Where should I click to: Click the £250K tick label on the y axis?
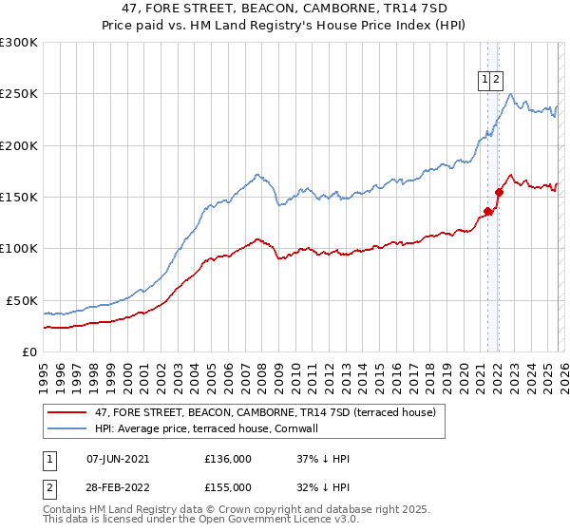coord(18,94)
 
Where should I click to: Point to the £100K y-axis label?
coord(18,248)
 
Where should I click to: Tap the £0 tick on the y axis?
coord(28,351)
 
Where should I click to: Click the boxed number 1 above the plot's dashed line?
coord(485,81)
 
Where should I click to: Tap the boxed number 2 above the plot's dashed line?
coord(497,81)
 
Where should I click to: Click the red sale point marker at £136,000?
coord(487,211)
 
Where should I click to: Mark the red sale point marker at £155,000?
coord(499,192)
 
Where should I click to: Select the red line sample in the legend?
coord(66,413)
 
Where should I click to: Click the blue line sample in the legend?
coord(66,429)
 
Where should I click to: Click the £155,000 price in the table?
coord(228,486)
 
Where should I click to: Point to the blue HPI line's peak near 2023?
coord(511,93)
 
